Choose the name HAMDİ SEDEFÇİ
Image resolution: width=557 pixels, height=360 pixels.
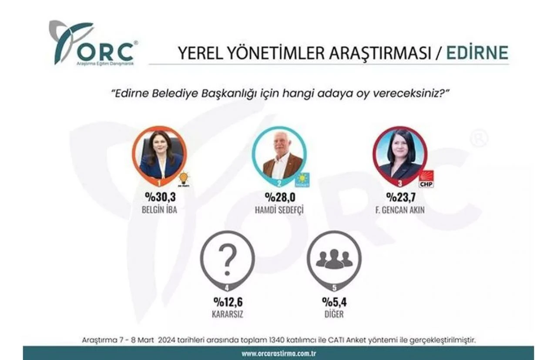[278, 210]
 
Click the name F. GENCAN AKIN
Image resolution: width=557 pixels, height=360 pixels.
[399, 210]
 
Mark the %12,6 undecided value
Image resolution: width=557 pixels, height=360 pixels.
[228, 302]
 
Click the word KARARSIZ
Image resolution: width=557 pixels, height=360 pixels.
[228, 313]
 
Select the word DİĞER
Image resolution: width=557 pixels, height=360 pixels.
[334, 313]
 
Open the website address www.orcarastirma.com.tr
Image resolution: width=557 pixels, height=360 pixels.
[279, 353]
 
